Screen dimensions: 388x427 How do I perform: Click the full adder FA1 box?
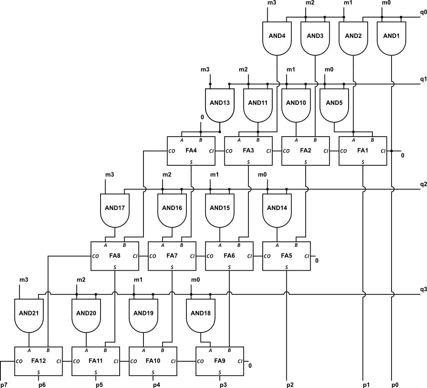pos(363,150)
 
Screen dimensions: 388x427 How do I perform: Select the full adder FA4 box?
pos(191,150)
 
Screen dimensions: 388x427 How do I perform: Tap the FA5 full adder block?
pos(286,256)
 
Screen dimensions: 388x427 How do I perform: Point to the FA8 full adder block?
pos(115,256)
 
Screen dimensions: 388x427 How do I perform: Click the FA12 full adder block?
pos(38,361)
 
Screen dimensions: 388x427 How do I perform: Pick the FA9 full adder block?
pos(220,361)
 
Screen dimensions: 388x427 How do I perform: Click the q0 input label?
pos(423,12)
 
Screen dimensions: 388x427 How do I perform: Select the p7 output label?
pos(4,384)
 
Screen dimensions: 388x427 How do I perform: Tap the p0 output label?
pos(395,384)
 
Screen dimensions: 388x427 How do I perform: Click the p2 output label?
pos(290,384)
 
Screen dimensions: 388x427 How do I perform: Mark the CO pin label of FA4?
pos(171,151)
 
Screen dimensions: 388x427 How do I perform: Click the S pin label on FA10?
pos(153,371)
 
